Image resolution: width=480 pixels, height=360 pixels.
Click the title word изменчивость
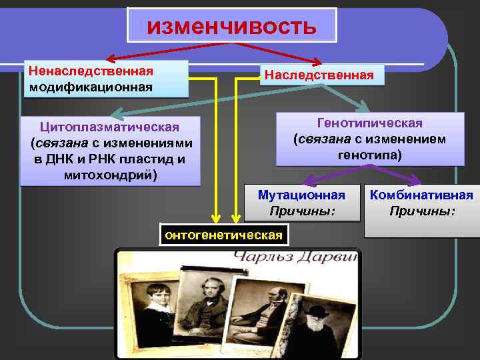[231, 26]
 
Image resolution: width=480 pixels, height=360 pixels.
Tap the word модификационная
[91, 87]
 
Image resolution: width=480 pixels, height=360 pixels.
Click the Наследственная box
[319, 74]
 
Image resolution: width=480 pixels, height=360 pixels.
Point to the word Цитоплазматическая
[110, 127]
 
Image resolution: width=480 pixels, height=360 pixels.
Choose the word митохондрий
[110, 175]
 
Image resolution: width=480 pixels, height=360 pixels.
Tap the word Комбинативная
[421, 195]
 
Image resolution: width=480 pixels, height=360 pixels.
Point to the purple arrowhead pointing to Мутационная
[308, 181]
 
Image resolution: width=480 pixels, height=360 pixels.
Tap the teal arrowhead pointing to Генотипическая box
[364, 107]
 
